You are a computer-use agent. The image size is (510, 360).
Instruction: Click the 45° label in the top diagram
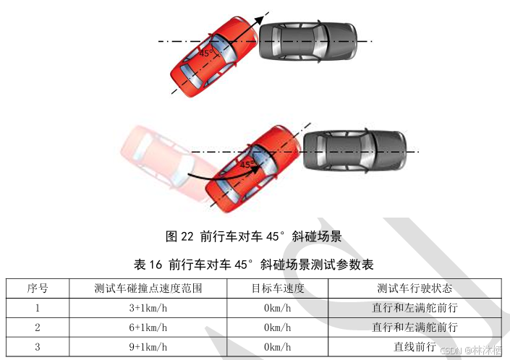205,53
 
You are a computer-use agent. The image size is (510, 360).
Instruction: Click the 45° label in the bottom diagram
247,165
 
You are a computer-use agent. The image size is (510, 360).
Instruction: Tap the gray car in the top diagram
308,42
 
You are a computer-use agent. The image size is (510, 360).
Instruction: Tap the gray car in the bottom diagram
353,150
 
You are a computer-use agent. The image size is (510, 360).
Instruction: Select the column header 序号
38,288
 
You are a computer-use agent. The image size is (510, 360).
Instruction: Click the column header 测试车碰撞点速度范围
148,288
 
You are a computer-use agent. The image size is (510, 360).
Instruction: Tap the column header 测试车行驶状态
415,288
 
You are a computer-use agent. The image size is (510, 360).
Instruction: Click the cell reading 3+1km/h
148,307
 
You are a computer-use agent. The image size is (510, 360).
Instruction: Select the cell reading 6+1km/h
148,327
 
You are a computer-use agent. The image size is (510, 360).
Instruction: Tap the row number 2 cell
38,327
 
